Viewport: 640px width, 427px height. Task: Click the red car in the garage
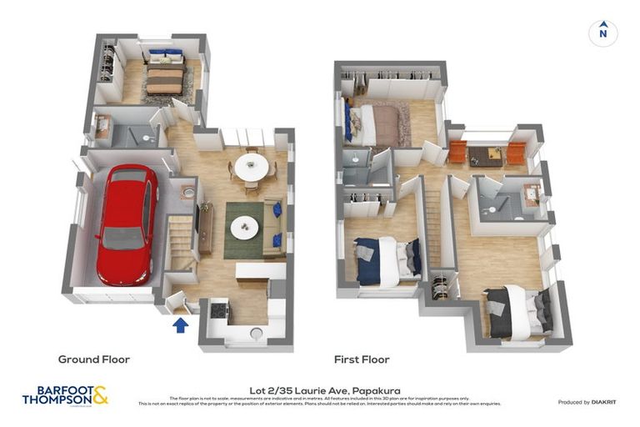127,224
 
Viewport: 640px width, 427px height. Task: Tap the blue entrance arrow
180,324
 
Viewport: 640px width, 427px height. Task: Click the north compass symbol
602,33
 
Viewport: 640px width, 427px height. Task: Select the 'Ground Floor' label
93,359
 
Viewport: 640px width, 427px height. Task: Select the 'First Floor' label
362,359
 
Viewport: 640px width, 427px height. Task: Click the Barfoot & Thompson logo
65,394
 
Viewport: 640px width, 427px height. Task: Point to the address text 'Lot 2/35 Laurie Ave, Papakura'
320,389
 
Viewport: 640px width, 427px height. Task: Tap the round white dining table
251,167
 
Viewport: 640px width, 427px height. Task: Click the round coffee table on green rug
244,226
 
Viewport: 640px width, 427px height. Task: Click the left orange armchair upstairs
457,153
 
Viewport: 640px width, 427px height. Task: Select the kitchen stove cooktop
218,310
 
